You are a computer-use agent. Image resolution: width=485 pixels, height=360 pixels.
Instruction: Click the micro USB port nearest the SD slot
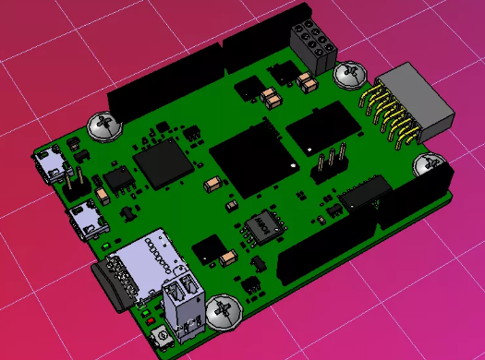(86, 220)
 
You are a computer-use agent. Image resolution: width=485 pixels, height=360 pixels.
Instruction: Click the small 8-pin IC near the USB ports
(119, 177)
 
